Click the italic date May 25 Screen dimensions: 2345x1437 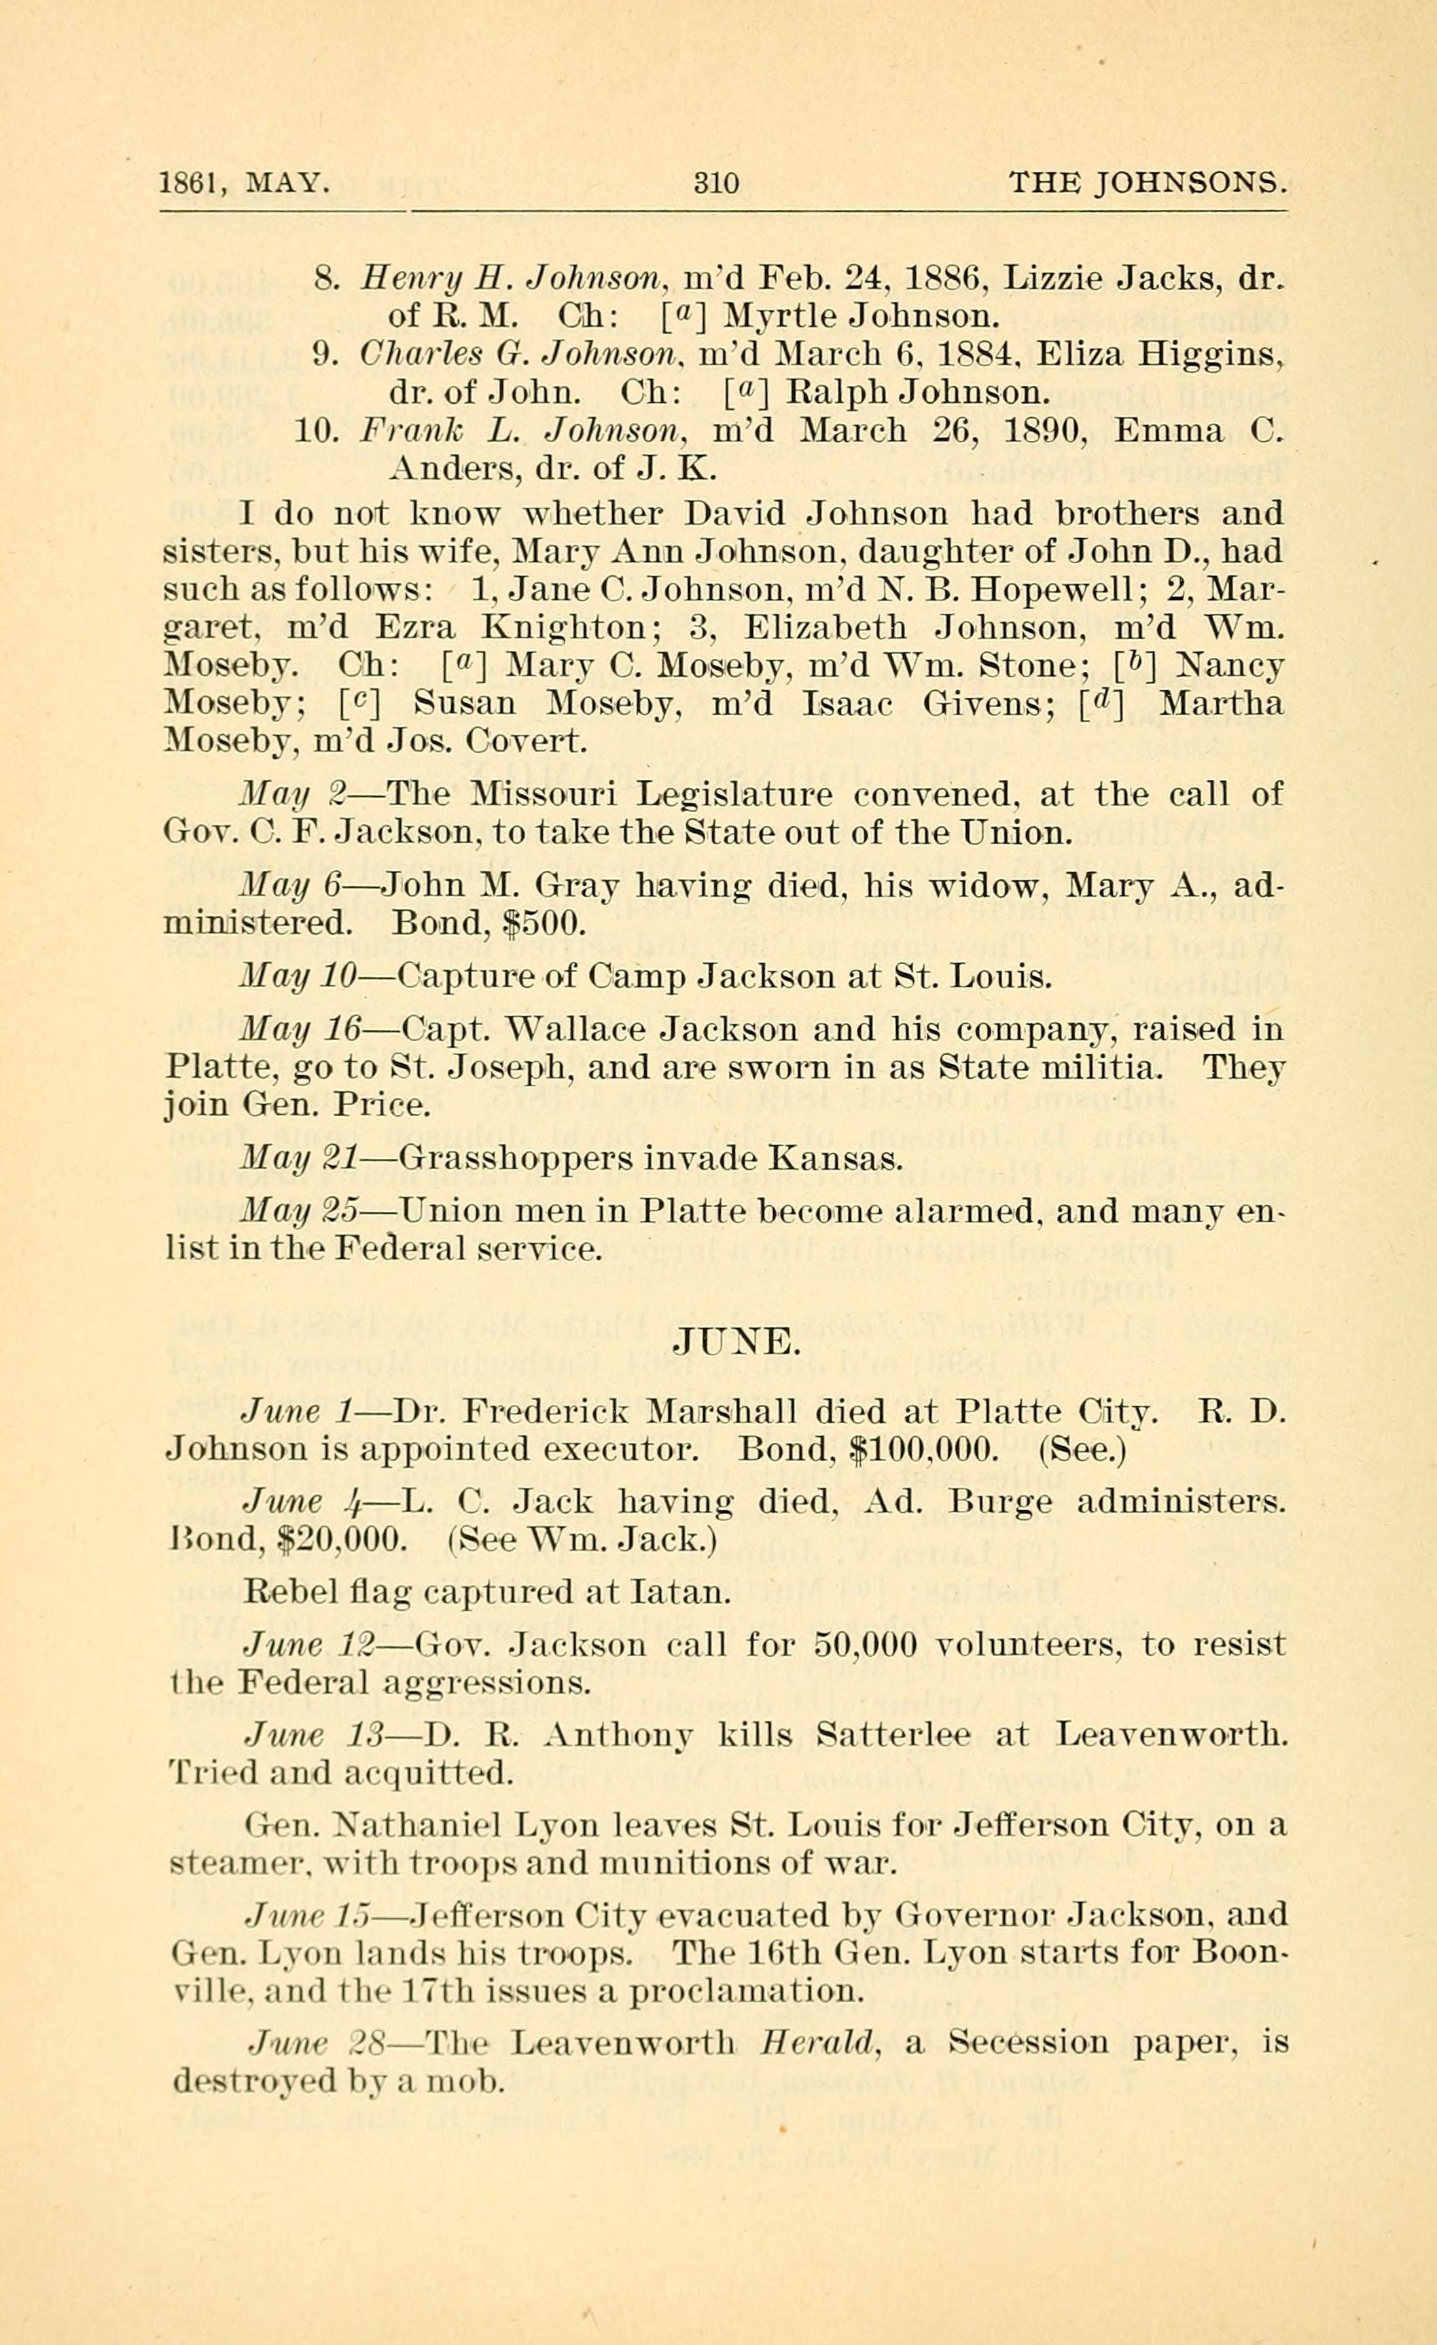(x=299, y=1211)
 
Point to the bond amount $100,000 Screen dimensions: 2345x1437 (x=924, y=1450)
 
